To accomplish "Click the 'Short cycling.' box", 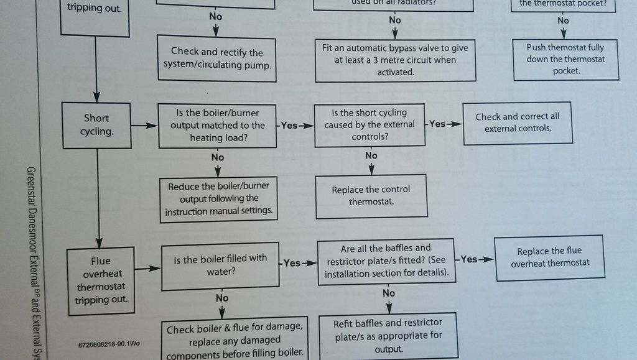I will click(96, 125).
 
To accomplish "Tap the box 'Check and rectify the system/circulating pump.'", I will click(216, 58).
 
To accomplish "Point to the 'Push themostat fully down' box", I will click(565, 59).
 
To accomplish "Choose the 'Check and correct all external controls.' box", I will click(517, 122).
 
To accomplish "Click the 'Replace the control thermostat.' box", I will click(371, 196).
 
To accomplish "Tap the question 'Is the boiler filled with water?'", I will click(220, 265).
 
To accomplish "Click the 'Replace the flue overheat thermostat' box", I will click(549, 257).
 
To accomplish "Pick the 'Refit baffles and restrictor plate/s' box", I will click(388, 335).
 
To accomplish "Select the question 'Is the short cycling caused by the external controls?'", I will click(370, 125).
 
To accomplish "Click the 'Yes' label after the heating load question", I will click(289, 126).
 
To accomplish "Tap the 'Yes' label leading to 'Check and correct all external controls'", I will click(438, 124).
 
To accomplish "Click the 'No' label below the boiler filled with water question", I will click(222, 298).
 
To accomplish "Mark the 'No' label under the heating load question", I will click(218, 157).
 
